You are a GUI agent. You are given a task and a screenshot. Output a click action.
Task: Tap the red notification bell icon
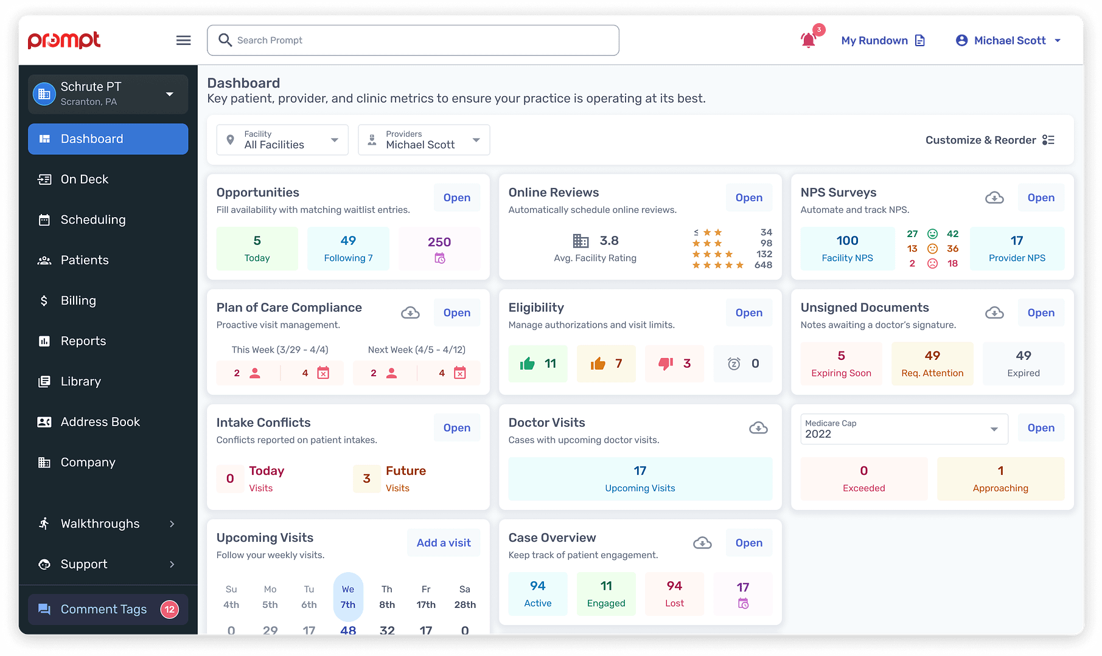pyautogui.click(x=808, y=40)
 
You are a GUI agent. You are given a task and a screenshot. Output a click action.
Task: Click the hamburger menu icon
pyautogui.click(x=183, y=40)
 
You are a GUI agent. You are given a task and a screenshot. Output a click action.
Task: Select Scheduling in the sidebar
pyautogui.click(x=93, y=220)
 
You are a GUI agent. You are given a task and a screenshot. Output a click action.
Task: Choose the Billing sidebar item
pyautogui.click(x=78, y=301)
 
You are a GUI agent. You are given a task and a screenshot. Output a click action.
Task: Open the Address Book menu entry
pyautogui.click(x=100, y=422)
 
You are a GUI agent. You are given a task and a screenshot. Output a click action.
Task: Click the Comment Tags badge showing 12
pyautogui.click(x=169, y=609)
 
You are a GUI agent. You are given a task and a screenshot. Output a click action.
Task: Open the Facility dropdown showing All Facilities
pyautogui.click(x=282, y=140)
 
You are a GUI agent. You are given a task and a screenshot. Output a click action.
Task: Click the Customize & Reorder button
pyautogui.click(x=989, y=140)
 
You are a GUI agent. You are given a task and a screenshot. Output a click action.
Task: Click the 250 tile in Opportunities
pyautogui.click(x=439, y=249)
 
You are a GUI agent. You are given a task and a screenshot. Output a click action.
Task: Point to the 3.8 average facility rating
pyautogui.click(x=609, y=241)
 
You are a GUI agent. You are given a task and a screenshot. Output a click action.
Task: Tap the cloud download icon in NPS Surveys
pyautogui.click(x=994, y=198)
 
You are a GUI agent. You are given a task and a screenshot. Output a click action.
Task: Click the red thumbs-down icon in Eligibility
pyautogui.click(x=666, y=364)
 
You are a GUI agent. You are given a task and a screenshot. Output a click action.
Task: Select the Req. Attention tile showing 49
pyautogui.click(x=932, y=364)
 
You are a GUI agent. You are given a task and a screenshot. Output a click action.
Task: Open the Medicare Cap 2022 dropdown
pyautogui.click(x=904, y=429)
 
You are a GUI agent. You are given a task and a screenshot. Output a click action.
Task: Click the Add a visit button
pyautogui.click(x=444, y=543)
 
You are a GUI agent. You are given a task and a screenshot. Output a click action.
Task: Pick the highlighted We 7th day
pyautogui.click(x=348, y=597)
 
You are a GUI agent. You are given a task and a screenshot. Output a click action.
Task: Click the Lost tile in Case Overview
pyautogui.click(x=674, y=593)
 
